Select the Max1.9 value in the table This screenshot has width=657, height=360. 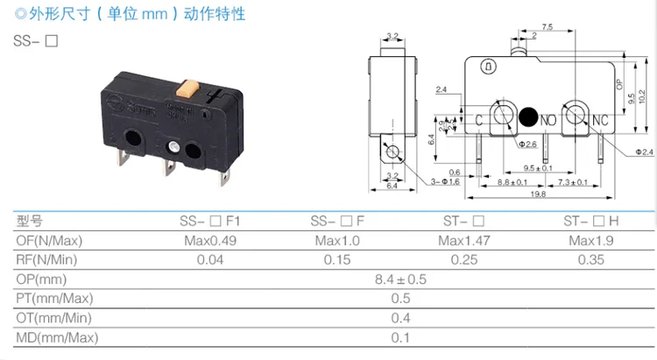588,240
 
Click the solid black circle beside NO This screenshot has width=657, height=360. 528,116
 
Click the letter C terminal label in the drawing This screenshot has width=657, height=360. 480,118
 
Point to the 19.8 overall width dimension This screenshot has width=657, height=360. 536,194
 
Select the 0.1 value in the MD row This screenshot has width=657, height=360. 400,337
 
